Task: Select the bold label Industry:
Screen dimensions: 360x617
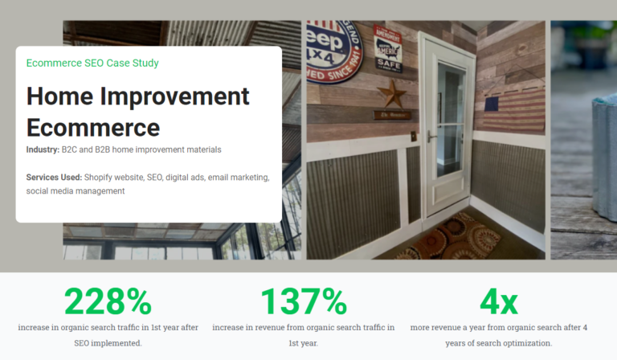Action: [43, 149]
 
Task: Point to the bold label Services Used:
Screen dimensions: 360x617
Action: [54, 177]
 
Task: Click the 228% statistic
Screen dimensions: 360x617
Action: [108, 301]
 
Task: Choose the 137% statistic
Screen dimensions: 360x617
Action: [304, 301]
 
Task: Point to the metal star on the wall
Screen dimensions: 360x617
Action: [392, 92]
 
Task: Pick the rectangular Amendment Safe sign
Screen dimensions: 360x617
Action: [390, 47]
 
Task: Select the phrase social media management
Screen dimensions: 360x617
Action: [76, 191]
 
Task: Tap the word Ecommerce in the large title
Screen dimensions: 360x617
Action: [93, 127]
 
